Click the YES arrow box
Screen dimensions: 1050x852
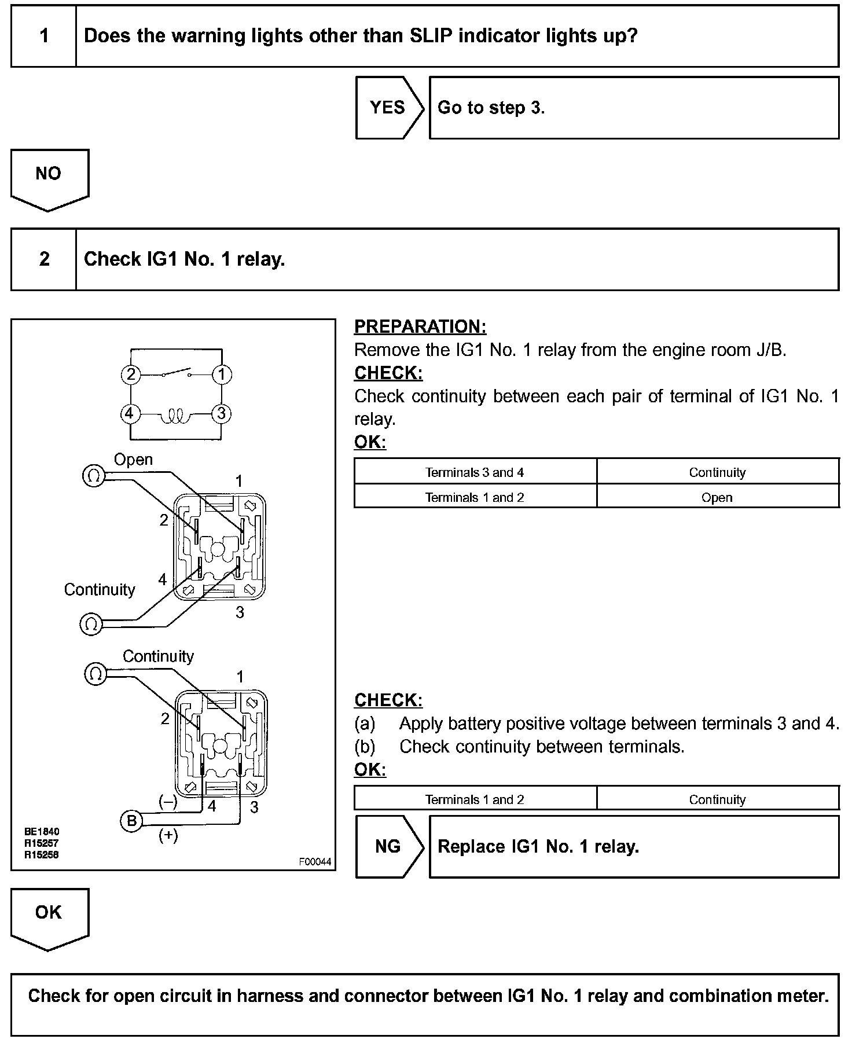point(388,108)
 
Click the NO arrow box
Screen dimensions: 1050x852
point(49,175)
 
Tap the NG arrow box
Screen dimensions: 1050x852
point(388,847)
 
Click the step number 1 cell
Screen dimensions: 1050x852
point(44,36)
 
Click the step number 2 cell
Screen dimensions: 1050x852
point(44,259)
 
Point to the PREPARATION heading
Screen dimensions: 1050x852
point(420,326)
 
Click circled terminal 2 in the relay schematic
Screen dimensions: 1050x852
point(131,375)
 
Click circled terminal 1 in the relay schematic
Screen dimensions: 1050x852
point(222,375)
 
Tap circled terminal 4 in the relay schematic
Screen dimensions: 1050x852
point(130,414)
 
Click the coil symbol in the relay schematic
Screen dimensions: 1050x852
point(176,415)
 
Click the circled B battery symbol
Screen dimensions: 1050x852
point(131,821)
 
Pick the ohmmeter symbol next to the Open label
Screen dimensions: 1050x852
point(94,476)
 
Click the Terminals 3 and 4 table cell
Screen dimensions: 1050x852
point(475,472)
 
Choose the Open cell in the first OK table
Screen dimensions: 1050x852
point(717,497)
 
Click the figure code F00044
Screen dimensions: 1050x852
point(315,862)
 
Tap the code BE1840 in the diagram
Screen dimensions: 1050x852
point(42,832)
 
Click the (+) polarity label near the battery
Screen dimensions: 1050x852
point(168,835)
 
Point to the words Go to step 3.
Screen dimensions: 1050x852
point(491,108)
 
